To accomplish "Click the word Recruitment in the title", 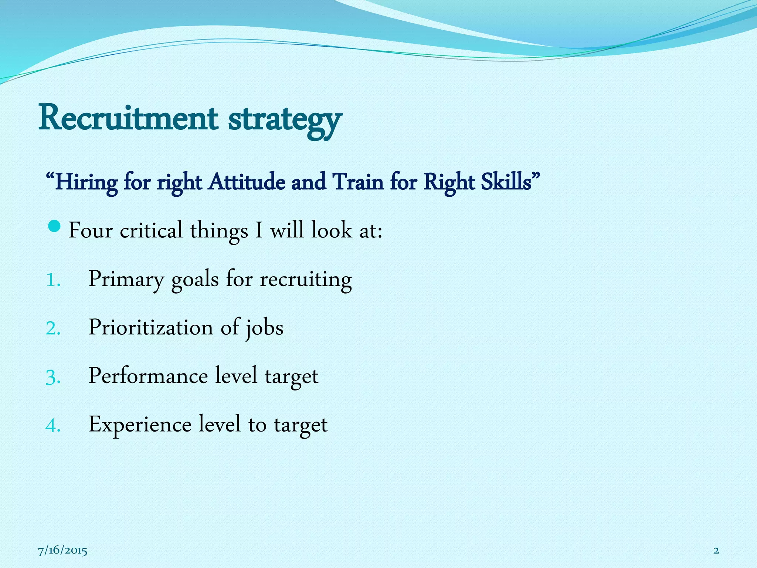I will click(x=128, y=118).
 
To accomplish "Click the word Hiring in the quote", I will click(x=86, y=183).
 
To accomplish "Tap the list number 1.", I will click(x=52, y=280).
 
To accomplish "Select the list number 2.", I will click(x=52, y=328).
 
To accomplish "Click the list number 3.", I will click(x=52, y=377).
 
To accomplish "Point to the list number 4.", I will click(x=52, y=426).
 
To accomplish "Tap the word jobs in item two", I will click(x=265, y=328).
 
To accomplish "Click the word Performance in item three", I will click(x=148, y=376).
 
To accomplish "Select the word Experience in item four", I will click(x=140, y=425).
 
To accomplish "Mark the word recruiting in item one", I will click(x=306, y=279).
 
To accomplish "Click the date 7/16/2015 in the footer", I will click(x=62, y=551).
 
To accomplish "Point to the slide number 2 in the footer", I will click(x=716, y=551).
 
